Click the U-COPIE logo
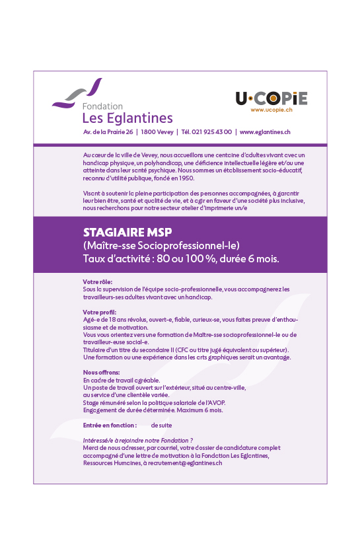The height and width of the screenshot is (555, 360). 271,98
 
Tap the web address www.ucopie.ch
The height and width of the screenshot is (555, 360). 271,110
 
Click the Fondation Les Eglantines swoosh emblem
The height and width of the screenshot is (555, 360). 78,94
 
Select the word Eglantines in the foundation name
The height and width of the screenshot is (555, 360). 139,118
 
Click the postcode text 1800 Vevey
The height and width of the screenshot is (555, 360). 162,132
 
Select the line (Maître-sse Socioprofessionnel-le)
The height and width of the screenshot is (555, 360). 161,246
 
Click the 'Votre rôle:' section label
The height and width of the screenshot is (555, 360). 98,282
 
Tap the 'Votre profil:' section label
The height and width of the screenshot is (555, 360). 99,312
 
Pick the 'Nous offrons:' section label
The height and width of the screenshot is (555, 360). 101,373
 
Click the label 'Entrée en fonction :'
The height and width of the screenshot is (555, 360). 110,425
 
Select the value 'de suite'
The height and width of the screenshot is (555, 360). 162,425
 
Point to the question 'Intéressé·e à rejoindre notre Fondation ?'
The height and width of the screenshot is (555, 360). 137,440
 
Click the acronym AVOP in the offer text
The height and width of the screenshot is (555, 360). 217,402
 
